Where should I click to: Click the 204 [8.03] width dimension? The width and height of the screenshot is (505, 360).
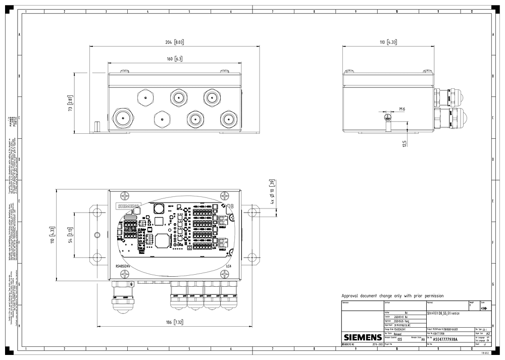click(x=175, y=42)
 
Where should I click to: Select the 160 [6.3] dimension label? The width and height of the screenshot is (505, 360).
click(x=174, y=59)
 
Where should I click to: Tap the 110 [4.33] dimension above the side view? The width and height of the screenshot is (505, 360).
click(x=387, y=42)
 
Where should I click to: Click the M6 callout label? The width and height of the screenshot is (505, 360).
click(x=402, y=109)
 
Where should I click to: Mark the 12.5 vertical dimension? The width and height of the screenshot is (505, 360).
click(x=405, y=145)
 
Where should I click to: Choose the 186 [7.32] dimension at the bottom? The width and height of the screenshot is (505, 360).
click(x=175, y=322)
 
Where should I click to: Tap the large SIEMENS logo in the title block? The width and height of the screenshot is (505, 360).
click(x=363, y=337)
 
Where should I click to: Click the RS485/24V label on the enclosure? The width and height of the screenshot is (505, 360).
click(x=123, y=266)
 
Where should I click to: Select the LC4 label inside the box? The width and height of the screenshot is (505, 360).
click(x=228, y=266)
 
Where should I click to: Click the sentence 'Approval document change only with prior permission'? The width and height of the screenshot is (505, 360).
click(x=392, y=296)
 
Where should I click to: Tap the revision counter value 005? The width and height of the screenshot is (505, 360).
click(x=400, y=340)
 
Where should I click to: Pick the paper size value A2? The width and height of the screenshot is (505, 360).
click(x=487, y=334)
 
